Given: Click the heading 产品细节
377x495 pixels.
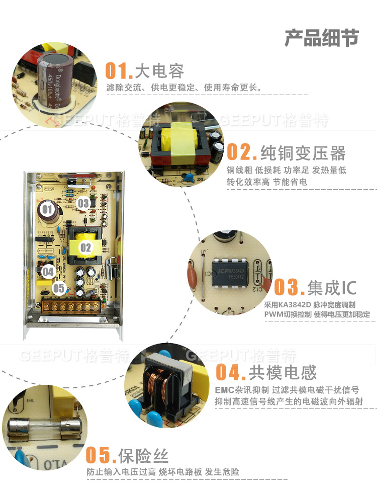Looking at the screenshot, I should click(322, 38).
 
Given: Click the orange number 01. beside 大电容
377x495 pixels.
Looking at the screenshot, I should click(119, 71).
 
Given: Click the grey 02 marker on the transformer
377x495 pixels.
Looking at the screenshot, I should click(86, 247).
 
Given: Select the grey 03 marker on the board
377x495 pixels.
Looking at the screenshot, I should click(83, 203).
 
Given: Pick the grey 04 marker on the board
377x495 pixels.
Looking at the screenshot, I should click(48, 272).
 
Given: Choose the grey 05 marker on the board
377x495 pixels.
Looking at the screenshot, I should click(59, 288).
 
